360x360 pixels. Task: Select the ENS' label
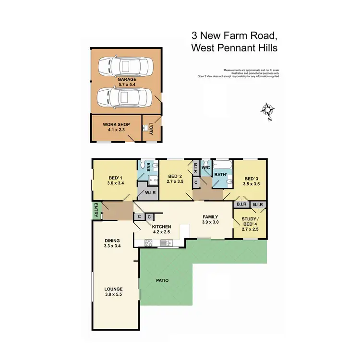click(142, 167)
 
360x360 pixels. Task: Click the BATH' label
click(220, 175)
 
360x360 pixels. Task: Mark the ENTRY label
click(96, 210)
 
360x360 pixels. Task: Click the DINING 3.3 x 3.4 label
click(112, 243)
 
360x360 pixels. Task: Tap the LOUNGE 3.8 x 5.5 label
click(115, 291)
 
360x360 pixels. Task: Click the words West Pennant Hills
click(234, 48)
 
